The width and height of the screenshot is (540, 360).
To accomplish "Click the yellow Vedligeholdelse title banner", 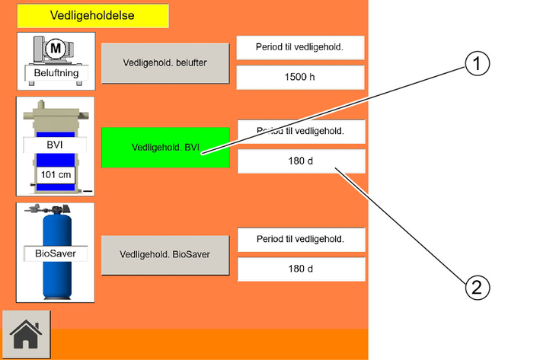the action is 93,15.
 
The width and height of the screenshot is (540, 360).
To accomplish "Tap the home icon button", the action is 26,335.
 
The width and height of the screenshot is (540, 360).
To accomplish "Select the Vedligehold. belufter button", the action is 165,63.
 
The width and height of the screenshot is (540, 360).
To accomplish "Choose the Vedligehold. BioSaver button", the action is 165,255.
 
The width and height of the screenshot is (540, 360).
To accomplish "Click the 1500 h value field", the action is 300,77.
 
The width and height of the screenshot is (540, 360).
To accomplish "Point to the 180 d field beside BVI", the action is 301,161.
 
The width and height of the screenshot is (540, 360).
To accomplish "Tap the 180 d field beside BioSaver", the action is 301,269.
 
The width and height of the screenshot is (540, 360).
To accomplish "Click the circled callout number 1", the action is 477,63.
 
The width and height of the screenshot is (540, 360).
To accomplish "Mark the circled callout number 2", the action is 477,288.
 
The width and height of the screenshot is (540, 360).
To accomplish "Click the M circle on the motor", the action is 56,48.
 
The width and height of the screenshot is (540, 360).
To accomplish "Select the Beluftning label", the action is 56,73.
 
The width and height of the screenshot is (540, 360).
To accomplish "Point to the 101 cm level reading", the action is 56,175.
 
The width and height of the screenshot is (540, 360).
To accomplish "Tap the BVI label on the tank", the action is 55,145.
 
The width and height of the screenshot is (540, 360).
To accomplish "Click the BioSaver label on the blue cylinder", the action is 56,253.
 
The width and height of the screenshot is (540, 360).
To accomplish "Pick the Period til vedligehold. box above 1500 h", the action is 300,47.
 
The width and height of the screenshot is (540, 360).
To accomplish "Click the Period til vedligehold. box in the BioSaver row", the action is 301,240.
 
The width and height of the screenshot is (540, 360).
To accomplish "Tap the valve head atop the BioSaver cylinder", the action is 48,209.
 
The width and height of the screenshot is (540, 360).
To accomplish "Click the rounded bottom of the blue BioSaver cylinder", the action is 57,295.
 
